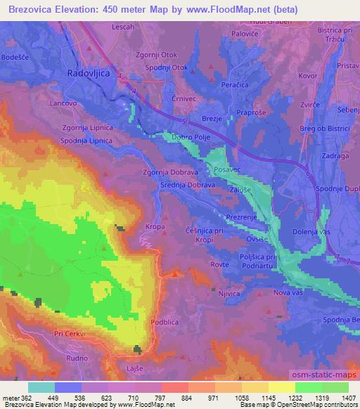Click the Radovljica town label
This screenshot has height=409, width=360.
pyautogui.click(x=89, y=72)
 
